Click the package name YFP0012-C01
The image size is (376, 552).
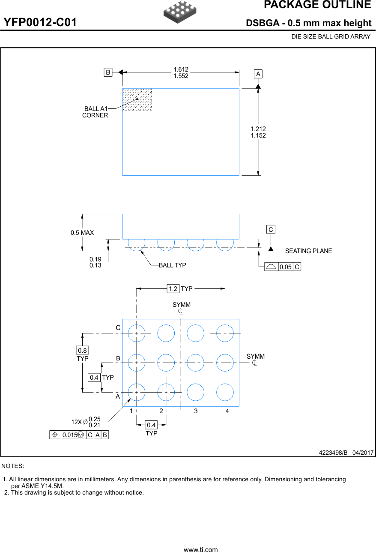[40, 23]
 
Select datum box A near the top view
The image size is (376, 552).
[258, 74]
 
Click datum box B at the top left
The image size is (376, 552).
[108, 72]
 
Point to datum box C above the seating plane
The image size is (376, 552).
[271, 230]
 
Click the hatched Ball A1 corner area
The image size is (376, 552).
[137, 99]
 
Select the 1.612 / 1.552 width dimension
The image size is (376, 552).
[181, 72]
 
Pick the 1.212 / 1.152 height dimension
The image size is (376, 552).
[258, 132]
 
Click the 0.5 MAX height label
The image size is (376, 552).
[82, 233]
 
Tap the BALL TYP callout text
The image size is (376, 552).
[172, 265]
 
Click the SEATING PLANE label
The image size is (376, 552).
[308, 251]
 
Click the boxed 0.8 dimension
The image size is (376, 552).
[82, 351]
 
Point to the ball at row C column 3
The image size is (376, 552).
[195, 333]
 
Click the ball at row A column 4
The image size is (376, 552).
[225, 392]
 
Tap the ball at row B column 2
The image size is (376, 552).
[166, 363]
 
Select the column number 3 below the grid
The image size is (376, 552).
[196, 411]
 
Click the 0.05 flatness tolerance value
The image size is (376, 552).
[285, 267]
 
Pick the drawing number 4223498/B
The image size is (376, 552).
[333, 453]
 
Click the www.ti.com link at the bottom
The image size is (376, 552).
[200, 549]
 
